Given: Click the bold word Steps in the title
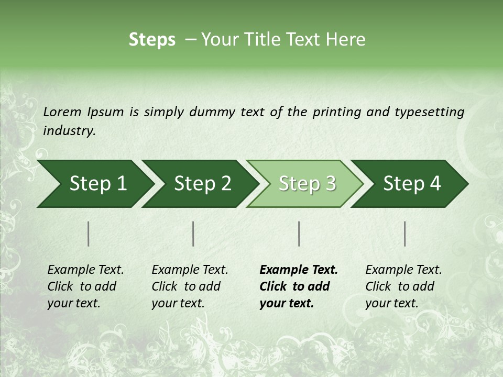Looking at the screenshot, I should coord(152,40).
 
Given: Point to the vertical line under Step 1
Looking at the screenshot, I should coord(89,234).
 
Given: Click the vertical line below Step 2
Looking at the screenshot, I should coord(193,234).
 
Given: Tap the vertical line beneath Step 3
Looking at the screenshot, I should coord(299,234).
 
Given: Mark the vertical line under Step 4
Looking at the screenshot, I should coord(405,234).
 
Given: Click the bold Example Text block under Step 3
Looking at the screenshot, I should coord(298,286).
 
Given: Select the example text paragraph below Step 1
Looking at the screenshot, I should coord(85,286).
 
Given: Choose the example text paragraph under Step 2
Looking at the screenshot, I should coord(190,286).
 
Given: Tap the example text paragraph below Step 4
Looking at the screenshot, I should coord(403,286).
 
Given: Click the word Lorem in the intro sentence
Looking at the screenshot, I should coord(62,112).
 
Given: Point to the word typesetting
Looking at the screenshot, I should coord(429,112).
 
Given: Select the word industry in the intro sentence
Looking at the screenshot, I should coord(69,131).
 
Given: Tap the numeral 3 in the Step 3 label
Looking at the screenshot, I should coord(330,184).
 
